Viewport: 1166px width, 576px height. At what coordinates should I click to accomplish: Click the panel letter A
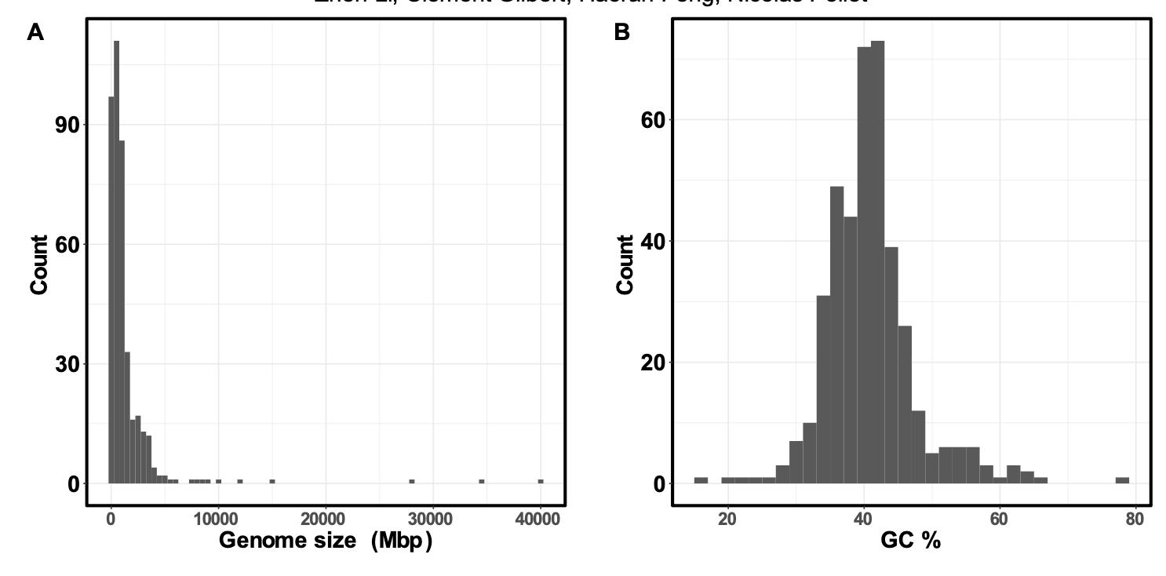point(35,33)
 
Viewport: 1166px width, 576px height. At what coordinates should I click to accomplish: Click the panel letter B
point(621,33)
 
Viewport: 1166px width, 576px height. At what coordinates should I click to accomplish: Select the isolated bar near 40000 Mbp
point(541,481)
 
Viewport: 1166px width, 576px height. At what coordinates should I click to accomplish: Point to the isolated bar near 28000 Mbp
point(412,481)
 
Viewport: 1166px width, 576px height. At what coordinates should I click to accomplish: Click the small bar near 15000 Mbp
point(272,481)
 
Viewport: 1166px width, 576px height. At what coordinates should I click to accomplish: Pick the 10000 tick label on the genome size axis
point(217,519)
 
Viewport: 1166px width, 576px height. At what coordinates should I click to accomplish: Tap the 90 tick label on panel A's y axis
point(67,125)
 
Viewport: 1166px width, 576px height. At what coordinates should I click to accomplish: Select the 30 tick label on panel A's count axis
point(67,364)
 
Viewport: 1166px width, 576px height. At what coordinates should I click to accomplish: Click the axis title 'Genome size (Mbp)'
point(325,541)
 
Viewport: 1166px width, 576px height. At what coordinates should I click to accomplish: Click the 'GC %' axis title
point(911,541)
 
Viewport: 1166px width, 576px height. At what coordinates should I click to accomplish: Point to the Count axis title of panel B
point(625,264)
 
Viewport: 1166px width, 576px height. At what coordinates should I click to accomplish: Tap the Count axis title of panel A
point(39,264)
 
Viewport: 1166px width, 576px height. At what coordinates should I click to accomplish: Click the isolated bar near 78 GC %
point(1122,480)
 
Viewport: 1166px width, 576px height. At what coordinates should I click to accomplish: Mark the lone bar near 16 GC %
point(701,480)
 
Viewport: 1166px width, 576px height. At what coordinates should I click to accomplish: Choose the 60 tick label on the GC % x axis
point(999,519)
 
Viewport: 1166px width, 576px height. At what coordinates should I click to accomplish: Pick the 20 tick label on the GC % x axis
point(727,519)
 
